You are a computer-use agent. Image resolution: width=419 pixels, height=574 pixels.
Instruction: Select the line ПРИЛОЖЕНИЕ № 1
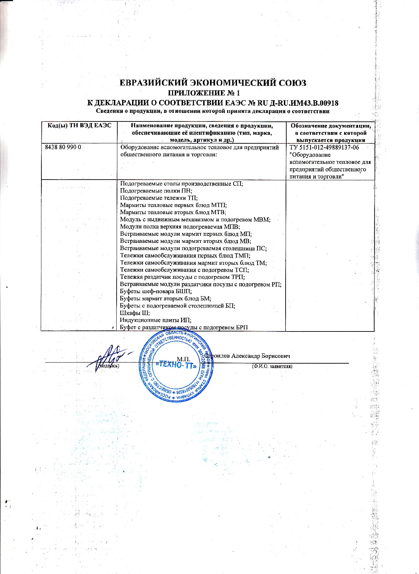205,93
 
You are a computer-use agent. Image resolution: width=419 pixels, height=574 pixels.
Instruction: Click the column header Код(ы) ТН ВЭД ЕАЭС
78,126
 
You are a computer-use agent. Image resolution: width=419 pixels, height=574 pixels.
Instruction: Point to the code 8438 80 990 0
63,147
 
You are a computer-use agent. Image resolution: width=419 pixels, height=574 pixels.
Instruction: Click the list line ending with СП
181,183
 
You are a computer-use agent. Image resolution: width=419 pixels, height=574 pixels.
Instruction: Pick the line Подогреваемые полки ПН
156,191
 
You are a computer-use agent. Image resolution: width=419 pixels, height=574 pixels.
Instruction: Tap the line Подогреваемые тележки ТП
159,198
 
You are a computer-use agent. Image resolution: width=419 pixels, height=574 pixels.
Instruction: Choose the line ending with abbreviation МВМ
195,219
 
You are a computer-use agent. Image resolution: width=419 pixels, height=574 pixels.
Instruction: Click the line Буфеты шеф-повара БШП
156,291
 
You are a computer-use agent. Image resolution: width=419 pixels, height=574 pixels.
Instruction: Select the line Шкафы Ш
135,313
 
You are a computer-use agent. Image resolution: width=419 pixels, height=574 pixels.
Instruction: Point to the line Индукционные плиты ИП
155,320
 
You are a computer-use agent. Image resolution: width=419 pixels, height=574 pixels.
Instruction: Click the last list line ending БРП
184,327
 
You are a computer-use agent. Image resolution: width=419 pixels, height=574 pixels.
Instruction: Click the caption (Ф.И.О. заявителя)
272,366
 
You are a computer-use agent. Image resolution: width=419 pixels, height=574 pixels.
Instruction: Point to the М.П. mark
183,358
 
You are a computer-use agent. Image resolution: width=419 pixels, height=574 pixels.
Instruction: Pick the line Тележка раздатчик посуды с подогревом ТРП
182,277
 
